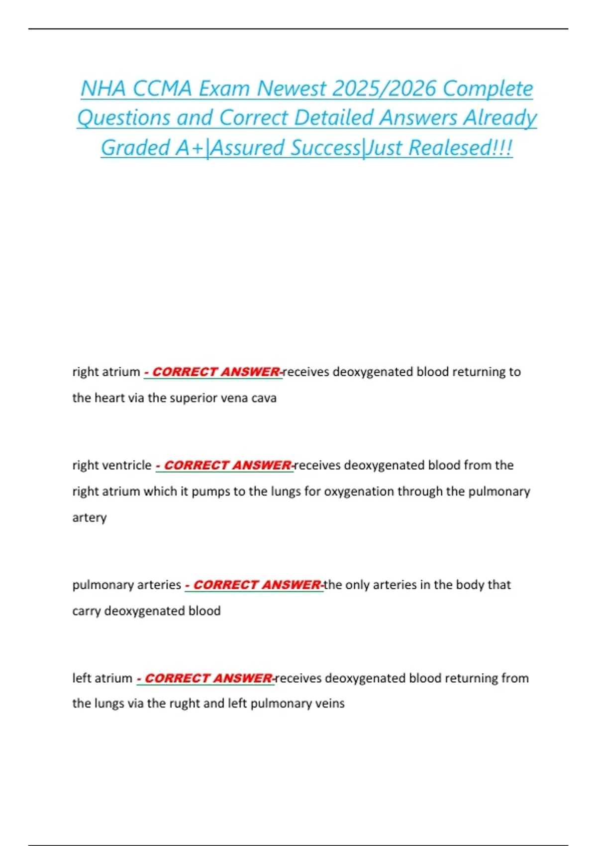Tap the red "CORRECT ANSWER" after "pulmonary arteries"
click(x=257, y=585)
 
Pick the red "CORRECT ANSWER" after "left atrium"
click(x=208, y=678)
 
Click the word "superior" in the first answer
click(x=193, y=398)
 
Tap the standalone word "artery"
click(x=90, y=518)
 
